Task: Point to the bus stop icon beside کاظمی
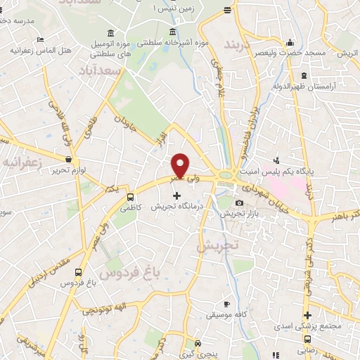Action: tap(131, 198)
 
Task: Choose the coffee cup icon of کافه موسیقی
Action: tap(226, 304)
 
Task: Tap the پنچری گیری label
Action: tap(197, 354)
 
